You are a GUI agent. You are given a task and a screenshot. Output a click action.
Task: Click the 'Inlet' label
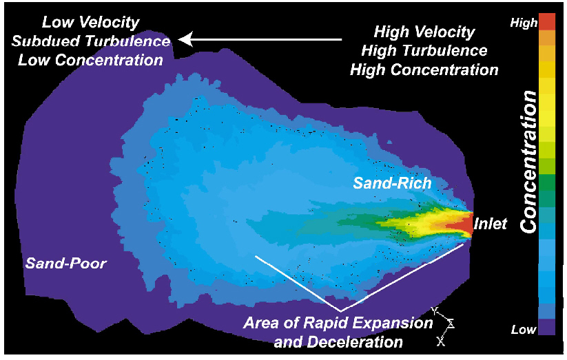(491, 224)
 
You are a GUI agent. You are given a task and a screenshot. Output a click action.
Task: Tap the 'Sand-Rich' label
(392, 183)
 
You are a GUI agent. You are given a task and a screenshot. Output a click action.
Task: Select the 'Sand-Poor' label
(66, 263)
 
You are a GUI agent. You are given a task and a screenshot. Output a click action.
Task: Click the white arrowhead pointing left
(185, 39)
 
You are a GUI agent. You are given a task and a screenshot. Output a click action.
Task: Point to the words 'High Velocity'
(424, 32)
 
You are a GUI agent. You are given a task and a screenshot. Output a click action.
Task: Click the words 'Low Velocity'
(90, 23)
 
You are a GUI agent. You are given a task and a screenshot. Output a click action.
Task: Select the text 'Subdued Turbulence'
(91, 41)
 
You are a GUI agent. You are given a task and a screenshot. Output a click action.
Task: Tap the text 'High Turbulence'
(424, 51)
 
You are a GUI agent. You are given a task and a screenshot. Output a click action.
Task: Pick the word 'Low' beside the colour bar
(524, 329)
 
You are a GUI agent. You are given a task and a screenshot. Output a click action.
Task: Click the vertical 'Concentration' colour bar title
(528, 162)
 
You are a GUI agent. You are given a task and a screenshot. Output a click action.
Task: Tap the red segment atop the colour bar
(547, 22)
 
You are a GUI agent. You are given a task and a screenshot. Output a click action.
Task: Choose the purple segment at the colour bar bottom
(547, 327)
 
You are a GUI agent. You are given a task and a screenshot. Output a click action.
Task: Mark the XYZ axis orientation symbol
(443, 326)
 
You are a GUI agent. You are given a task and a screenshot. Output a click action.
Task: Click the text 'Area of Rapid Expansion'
(338, 323)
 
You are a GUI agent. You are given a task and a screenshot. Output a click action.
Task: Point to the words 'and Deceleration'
(338, 341)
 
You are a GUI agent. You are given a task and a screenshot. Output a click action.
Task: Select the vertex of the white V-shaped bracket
(340, 311)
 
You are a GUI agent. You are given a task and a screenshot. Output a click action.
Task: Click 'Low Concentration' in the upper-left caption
(90, 60)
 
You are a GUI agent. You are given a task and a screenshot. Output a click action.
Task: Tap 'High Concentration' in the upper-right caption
(424, 70)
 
